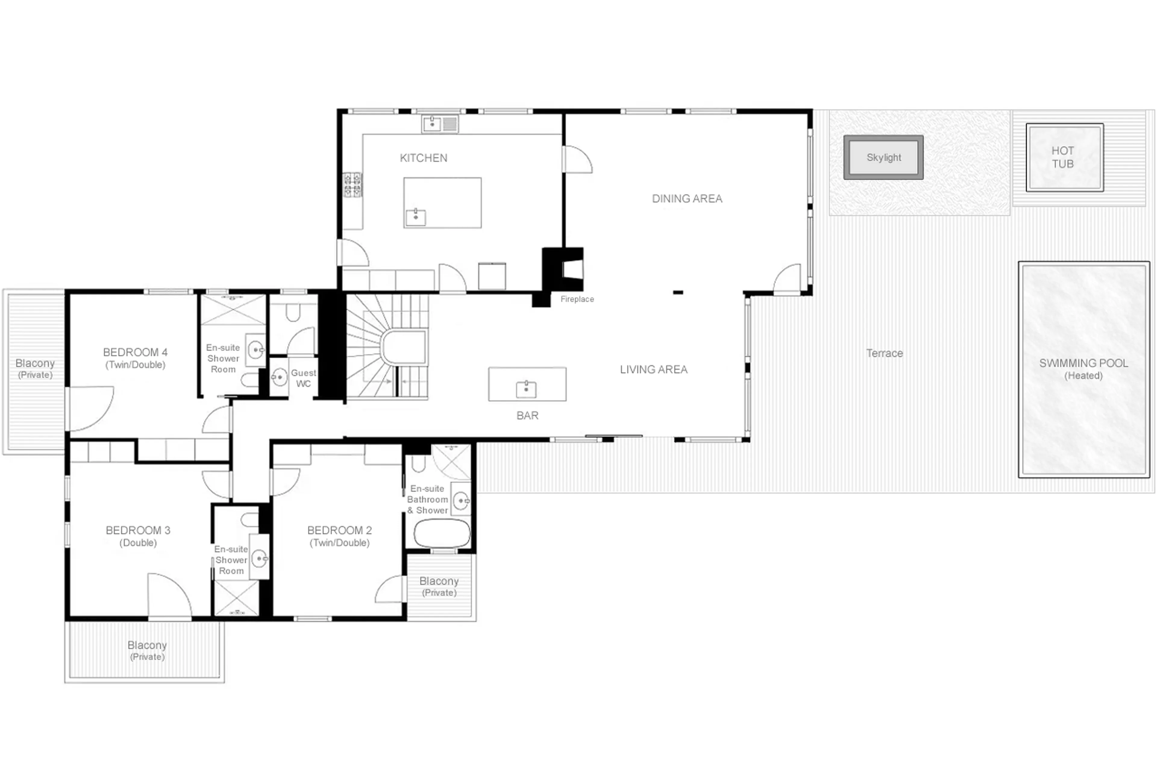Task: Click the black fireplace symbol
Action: click(x=562, y=269)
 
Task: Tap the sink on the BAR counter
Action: click(x=526, y=389)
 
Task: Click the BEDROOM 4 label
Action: click(x=135, y=353)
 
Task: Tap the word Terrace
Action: click(x=884, y=353)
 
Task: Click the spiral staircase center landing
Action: click(x=404, y=347)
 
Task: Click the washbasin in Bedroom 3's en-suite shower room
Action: click(x=259, y=558)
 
